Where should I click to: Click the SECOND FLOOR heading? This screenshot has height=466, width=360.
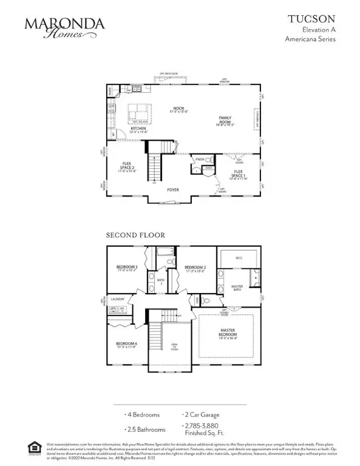tap(135, 234)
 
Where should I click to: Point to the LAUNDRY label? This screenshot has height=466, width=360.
tap(117, 299)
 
